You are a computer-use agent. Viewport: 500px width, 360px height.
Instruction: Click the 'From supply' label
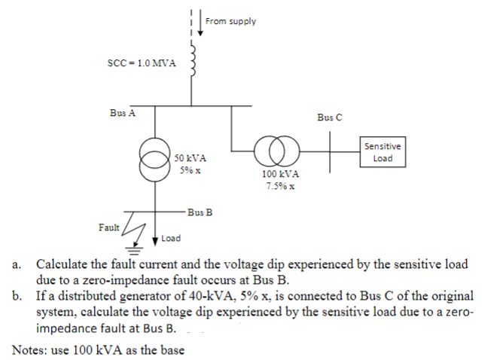coord(230,21)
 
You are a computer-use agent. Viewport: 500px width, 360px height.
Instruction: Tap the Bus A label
coord(122,113)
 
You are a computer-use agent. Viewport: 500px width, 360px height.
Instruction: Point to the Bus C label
coord(329,117)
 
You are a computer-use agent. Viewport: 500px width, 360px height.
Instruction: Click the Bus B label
coord(200,212)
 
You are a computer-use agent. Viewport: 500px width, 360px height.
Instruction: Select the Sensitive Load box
coord(383,153)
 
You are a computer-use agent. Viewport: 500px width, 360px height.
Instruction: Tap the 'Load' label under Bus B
coord(171,239)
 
